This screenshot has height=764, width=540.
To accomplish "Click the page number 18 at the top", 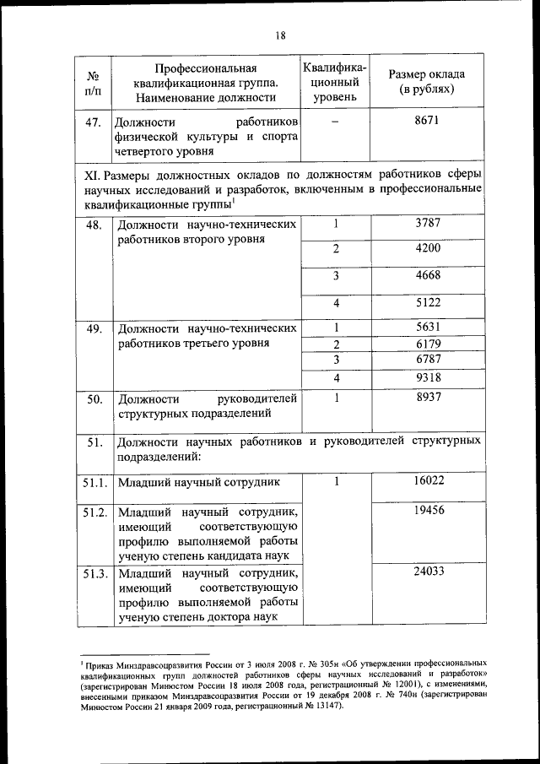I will pyautogui.click(x=280, y=35).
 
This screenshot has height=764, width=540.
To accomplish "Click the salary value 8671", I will pyautogui.click(x=428, y=122).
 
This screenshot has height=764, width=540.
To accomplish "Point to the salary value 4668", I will pyautogui.click(x=428, y=275).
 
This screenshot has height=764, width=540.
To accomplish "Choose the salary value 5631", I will pyautogui.click(x=428, y=328).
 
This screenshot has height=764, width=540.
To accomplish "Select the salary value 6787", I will pyautogui.click(x=428, y=360).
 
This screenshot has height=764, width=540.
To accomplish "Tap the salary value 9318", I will pyautogui.click(x=428, y=377).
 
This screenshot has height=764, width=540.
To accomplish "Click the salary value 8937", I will pyautogui.click(x=428, y=398).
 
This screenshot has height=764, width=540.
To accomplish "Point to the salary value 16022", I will pyautogui.click(x=428, y=480).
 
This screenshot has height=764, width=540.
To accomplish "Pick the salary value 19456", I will pyautogui.click(x=428, y=511).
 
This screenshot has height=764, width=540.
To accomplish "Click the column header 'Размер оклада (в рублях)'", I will pyautogui.click(x=427, y=81).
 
